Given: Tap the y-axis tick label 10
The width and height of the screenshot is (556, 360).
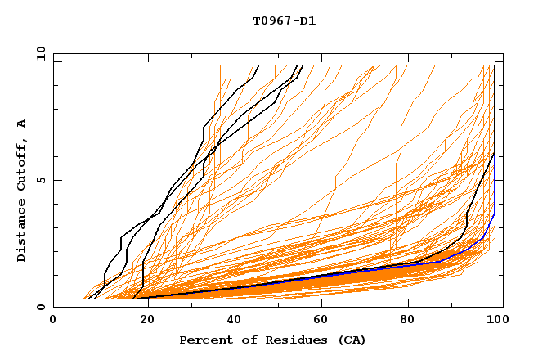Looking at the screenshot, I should coord(40,53).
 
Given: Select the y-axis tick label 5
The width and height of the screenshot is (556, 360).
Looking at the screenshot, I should coord(40,180).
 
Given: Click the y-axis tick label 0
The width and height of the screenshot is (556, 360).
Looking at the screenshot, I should coord(40,307).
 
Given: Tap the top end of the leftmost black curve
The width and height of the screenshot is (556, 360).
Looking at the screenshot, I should coord(258,66).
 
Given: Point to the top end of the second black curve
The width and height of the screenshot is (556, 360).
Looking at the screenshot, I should coord(303,66).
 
